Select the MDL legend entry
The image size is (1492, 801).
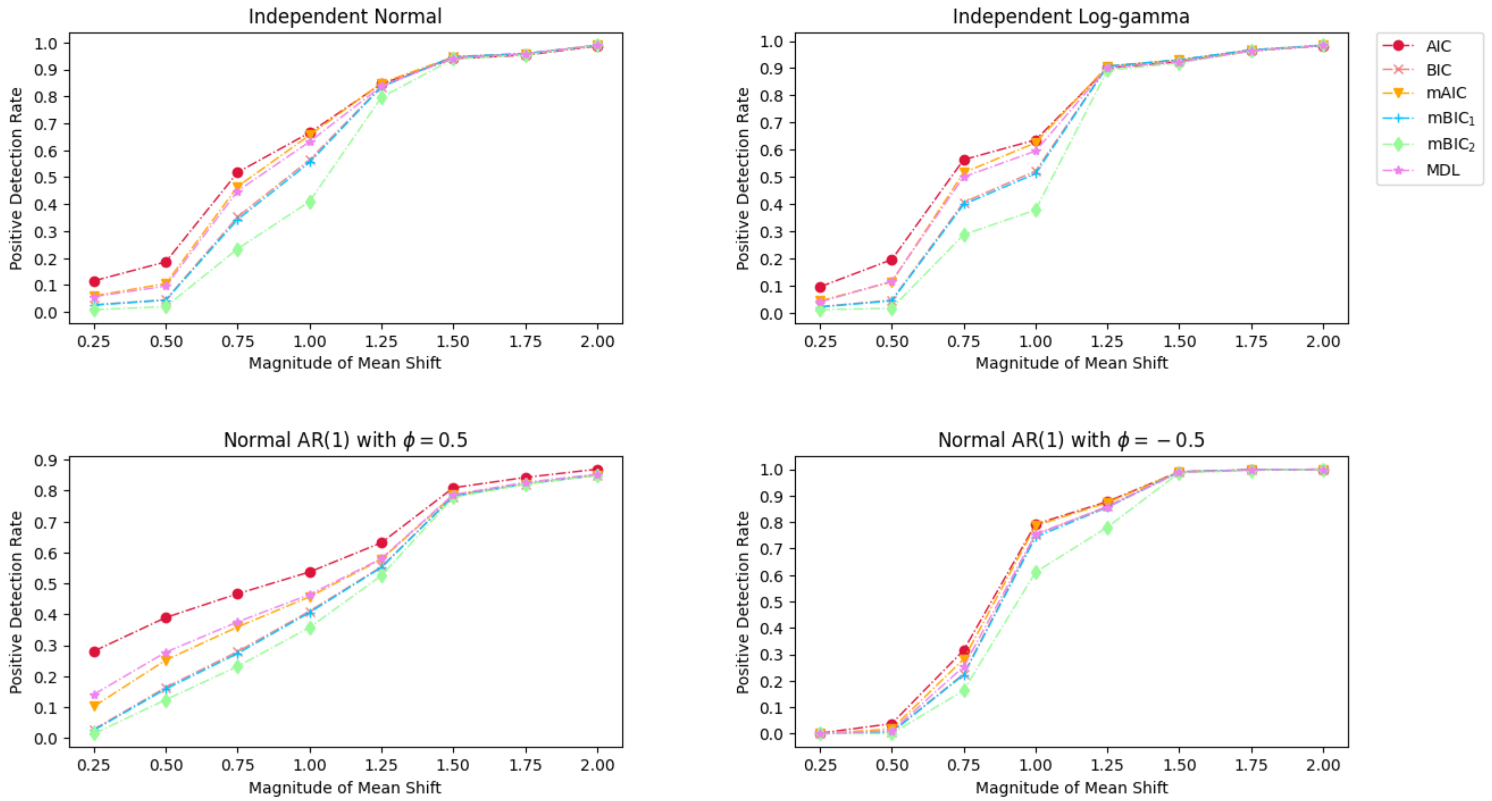tap(1442, 170)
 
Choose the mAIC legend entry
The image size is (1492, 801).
tap(1446, 93)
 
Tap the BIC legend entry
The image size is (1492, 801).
tap(1438, 70)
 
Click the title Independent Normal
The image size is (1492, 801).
tap(345, 16)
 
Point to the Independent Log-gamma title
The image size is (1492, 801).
tap(1071, 16)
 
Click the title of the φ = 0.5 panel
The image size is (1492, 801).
tap(345, 440)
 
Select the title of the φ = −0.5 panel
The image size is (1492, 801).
tap(1071, 440)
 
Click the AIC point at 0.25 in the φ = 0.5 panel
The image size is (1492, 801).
tap(95, 651)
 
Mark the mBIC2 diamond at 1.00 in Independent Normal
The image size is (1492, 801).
tap(310, 202)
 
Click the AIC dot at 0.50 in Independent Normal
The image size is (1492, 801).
tap(166, 263)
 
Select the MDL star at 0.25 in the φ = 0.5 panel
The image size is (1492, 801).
tap(95, 695)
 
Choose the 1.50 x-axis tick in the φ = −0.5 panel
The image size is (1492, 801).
tap(1179, 765)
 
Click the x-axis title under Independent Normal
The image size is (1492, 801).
tap(345, 363)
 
